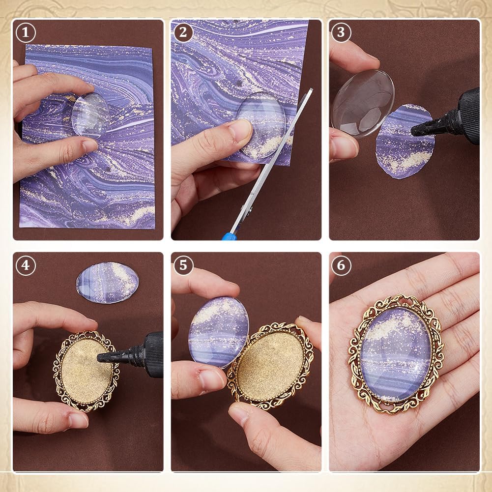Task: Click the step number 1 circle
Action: (25, 32)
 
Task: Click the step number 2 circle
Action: (183, 32)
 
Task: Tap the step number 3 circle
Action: (341, 32)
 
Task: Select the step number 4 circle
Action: (25, 265)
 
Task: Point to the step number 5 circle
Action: (183, 265)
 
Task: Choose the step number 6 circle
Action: (341, 265)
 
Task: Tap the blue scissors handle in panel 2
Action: (229, 236)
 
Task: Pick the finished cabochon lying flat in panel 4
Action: (107, 283)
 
